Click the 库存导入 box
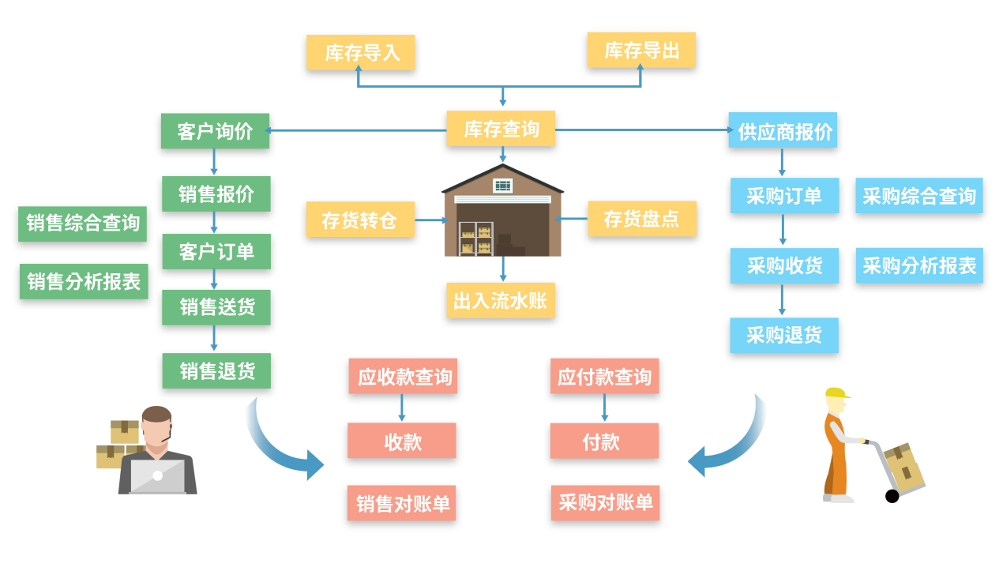click(360, 53)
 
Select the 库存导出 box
click(641, 51)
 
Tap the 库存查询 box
click(501, 129)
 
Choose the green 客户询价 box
click(215, 131)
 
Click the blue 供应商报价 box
click(783, 130)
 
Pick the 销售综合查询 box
click(82, 224)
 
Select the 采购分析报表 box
click(919, 265)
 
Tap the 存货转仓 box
click(360, 220)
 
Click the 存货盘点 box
click(641, 219)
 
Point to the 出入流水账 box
click(501, 301)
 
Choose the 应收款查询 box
click(403, 377)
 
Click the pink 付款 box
click(604, 441)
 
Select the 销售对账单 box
click(402, 503)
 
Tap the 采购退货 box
click(783, 336)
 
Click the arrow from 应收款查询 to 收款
click(402, 408)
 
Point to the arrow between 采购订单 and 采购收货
click(783, 230)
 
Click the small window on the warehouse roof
click(503, 186)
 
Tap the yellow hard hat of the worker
click(836, 393)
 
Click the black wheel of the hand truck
click(892, 496)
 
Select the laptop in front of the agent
click(157, 476)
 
